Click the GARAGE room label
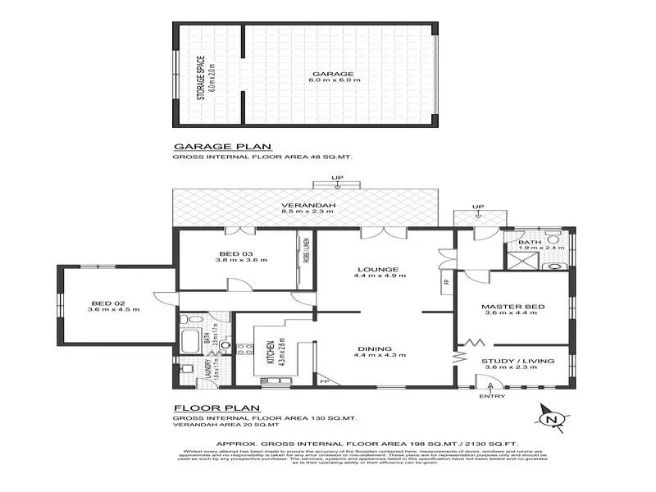coord(339,73)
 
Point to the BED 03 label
coord(235,253)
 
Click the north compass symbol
coord(551,419)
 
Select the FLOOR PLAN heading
coord(216,408)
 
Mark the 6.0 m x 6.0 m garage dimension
coord(339,82)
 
